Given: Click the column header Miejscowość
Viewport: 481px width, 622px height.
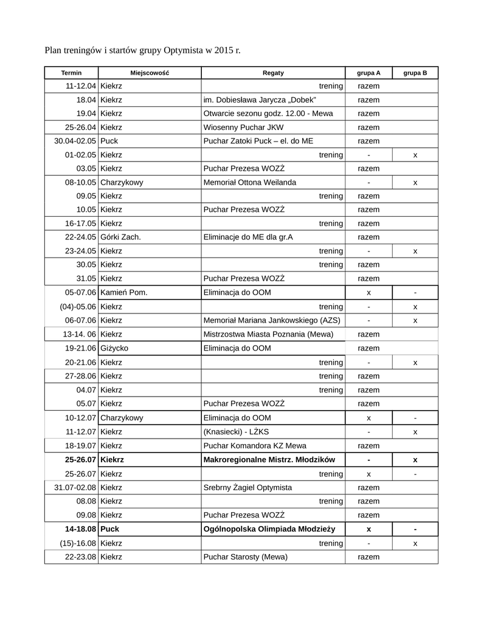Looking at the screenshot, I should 149,73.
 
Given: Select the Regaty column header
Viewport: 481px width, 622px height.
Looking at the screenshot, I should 273,73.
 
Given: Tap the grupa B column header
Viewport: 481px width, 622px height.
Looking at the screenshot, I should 415,73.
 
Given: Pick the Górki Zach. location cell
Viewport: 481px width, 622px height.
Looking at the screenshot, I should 120,237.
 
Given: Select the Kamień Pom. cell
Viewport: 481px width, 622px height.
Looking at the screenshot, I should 124,292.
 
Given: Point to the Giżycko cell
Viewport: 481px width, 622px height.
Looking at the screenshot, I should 114,348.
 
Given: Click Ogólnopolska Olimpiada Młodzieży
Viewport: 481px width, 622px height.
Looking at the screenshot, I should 269,529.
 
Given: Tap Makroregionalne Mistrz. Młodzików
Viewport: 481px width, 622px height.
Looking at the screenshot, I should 269,459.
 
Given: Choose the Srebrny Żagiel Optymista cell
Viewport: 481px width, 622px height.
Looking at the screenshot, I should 247,487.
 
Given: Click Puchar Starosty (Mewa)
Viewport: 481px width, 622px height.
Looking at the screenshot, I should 245,556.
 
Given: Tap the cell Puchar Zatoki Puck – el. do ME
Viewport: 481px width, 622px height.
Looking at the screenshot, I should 258,141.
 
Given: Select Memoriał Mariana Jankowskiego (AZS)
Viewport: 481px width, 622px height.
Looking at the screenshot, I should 272,320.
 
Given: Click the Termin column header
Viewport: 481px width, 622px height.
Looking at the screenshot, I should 71,73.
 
